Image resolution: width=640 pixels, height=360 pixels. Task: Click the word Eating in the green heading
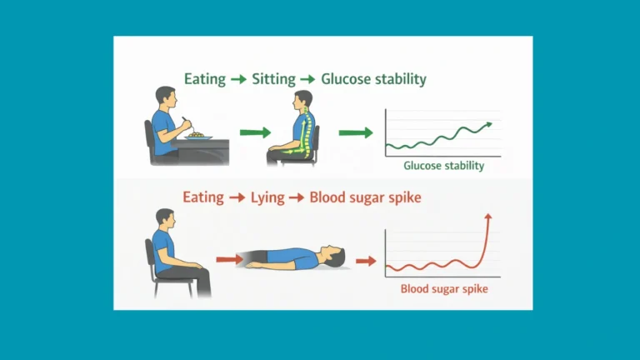click(x=205, y=79)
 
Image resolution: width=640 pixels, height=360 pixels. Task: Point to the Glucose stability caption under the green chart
click(x=443, y=166)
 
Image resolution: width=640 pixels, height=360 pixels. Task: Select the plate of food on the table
click(x=197, y=134)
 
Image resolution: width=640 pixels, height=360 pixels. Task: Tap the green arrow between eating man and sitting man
click(x=255, y=132)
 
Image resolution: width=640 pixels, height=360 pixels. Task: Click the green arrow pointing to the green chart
click(x=355, y=132)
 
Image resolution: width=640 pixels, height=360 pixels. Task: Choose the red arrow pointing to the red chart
click(x=365, y=260)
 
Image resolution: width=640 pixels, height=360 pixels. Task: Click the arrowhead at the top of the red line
click(x=487, y=216)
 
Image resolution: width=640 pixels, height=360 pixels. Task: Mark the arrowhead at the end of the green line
click(x=487, y=125)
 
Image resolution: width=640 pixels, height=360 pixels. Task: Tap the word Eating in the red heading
click(x=203, y=198)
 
